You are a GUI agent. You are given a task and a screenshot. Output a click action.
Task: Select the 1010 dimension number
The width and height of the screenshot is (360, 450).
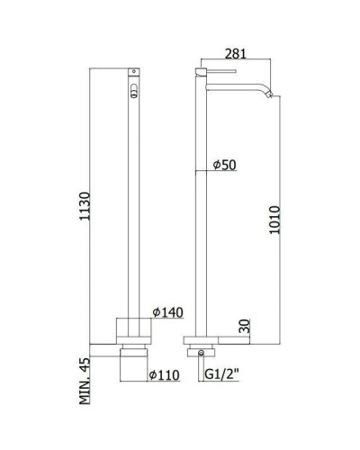pos(275,220)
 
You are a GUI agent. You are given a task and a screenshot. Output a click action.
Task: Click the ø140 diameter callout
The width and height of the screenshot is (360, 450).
pos(168,311)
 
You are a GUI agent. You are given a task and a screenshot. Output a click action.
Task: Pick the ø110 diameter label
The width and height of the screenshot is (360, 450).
pos(168,373)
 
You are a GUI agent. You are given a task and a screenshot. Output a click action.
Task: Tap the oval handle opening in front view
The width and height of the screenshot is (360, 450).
pos(134,89)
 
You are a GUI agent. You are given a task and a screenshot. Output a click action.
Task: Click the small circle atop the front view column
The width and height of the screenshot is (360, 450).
pos(134,70)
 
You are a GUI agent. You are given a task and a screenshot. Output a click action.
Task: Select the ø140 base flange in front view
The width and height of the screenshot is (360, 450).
pos(134,328)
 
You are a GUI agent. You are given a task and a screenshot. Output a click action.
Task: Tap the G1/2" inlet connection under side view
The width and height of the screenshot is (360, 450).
pos(200,354)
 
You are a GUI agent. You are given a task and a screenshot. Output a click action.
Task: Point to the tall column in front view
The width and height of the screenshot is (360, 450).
pos(134,207)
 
